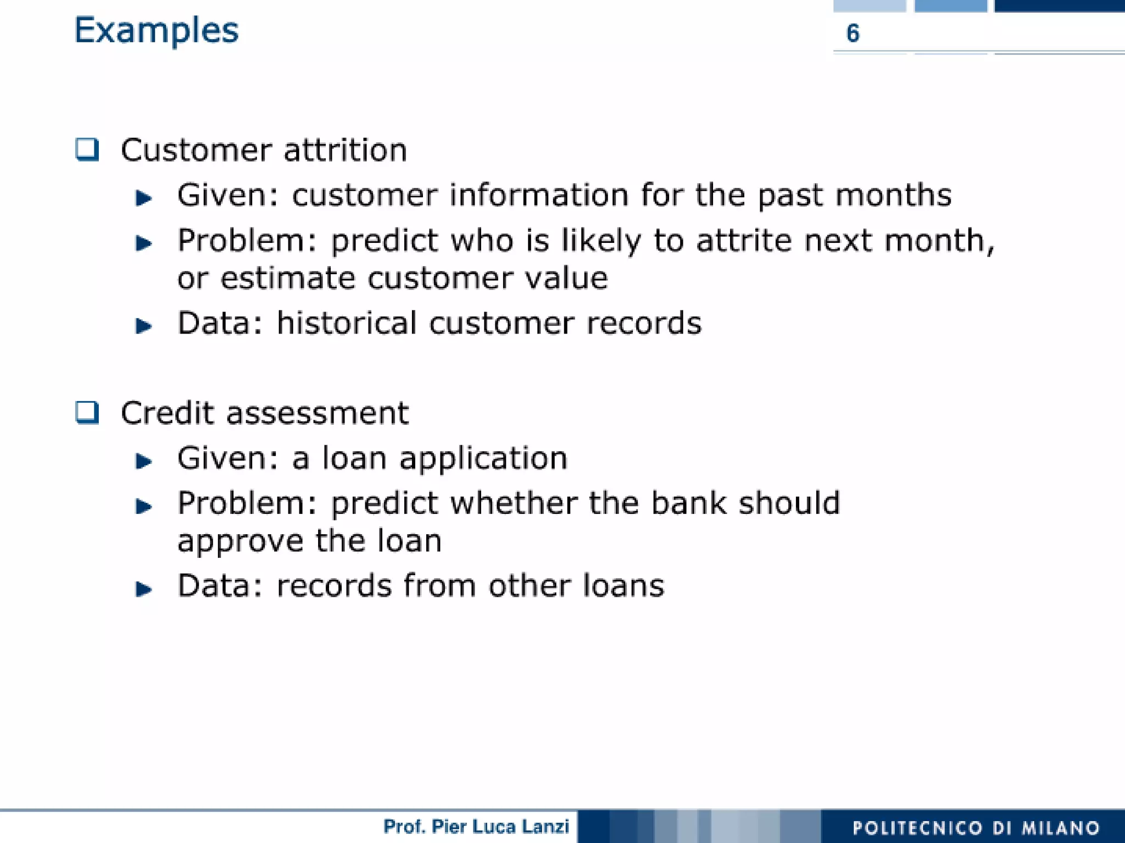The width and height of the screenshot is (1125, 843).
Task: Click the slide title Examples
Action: tap(156, 31)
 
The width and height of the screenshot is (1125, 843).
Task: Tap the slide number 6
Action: tap(853, 34)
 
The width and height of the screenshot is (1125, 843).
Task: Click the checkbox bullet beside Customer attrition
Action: tap(87, 149)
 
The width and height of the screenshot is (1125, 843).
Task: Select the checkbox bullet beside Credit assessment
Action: tap(87, 412)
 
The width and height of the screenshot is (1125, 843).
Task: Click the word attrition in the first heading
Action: tap(345, 150)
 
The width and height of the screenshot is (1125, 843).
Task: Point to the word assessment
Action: tap(318, 413)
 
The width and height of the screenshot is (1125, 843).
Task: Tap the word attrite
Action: tap(743, 241)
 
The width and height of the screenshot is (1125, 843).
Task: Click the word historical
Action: tap(346, 323)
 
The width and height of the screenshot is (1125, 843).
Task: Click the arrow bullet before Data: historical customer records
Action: tap(143, 326)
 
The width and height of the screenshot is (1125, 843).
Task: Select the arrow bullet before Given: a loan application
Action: tap(143, 461)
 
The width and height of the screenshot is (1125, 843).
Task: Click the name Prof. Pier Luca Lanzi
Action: tap(476, 827)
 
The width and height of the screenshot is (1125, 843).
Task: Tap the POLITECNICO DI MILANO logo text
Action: tap(976, 828)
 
